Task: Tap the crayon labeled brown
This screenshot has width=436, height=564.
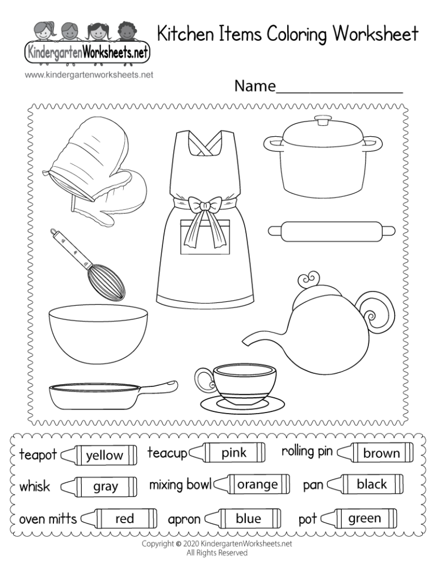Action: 375,453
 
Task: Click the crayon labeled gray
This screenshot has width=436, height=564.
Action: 100,486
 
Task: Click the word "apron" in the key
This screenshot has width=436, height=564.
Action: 184,519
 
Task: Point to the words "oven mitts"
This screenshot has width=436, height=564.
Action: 48,519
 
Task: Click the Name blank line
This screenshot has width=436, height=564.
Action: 339,90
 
